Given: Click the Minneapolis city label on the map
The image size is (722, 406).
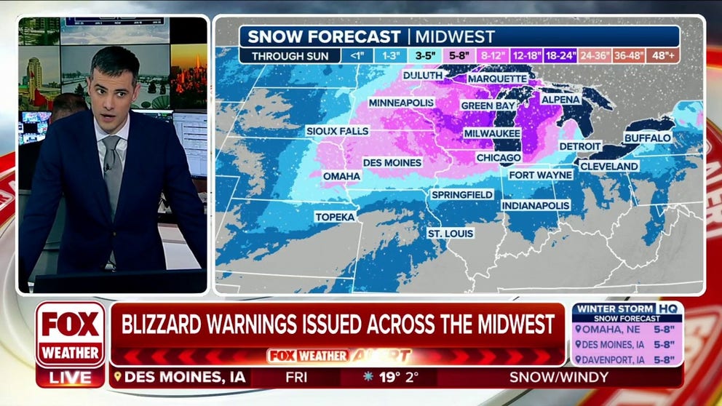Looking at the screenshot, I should point(402,103).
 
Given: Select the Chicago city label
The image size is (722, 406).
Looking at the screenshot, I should point(499,158).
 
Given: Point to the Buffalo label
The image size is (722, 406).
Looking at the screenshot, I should point(647,138).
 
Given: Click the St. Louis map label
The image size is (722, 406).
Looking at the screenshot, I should point(451,233).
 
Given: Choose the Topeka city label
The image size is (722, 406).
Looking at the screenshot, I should point(335,217).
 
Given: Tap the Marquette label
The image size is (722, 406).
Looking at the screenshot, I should point(497,79).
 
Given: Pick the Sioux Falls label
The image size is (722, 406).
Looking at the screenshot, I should point(337,131).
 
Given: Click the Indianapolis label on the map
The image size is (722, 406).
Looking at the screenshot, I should point(535,206).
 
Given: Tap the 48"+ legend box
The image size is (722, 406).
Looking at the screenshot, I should point(663,55).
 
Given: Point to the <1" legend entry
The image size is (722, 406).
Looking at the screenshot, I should point(356,55).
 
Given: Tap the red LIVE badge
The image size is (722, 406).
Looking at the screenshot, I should point(70,378).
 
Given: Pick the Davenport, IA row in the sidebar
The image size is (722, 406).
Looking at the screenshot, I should point(627,359).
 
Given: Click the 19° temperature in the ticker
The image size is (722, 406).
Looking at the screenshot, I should point(389,377).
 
